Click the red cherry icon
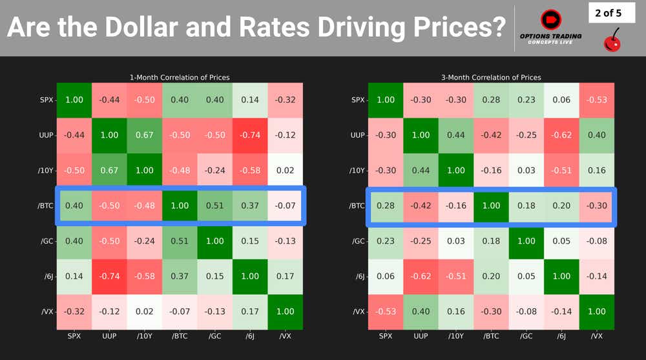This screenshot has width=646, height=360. [x=610, y=41]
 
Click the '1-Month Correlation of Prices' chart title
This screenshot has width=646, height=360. [x=180, y=78]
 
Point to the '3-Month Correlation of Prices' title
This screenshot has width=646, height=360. [x=492, y=78]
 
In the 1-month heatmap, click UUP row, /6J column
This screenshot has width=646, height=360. [x=249, y=135]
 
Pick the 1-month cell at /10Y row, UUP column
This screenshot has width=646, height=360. [x=109, y=171]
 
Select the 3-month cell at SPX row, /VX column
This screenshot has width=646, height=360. [x=597, y=100]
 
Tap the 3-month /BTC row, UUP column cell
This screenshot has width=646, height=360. [x=421, y=206]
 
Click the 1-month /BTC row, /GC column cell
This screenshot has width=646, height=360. [x=214, y=206]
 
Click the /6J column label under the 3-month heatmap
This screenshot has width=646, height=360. [x=562, y=336]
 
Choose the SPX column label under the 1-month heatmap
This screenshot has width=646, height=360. [x=74, y=336]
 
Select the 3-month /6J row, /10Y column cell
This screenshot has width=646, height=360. [x=456, y=276]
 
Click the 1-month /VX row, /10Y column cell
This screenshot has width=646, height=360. [x=145, y=312]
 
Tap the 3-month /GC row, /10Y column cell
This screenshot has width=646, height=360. [x=456, y=241]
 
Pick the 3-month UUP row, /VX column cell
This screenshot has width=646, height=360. [x=597, y=135]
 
